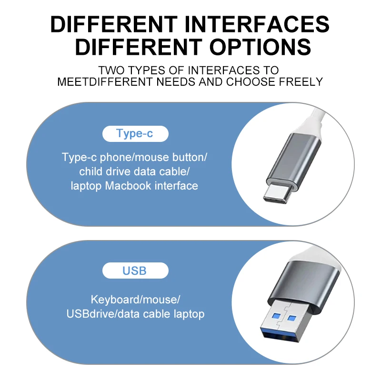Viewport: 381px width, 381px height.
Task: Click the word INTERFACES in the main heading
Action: click(257, 24)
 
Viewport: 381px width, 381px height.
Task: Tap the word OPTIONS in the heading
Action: click(260, 47)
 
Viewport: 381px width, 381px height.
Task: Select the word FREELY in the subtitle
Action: click(301, 82)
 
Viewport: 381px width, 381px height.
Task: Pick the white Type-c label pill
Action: click(135, 134)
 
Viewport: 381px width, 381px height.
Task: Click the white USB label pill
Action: click(135, 271)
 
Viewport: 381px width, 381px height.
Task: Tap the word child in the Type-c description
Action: click(91, 171)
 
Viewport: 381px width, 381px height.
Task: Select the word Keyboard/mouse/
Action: click(135, 300)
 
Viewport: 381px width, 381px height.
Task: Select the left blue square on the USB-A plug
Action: click(276, 316)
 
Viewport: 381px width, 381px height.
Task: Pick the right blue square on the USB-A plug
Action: click(291, 318)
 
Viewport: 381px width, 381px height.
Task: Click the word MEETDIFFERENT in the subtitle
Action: click(105, 82)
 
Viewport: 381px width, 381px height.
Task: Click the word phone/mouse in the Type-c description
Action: click(134, 158)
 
